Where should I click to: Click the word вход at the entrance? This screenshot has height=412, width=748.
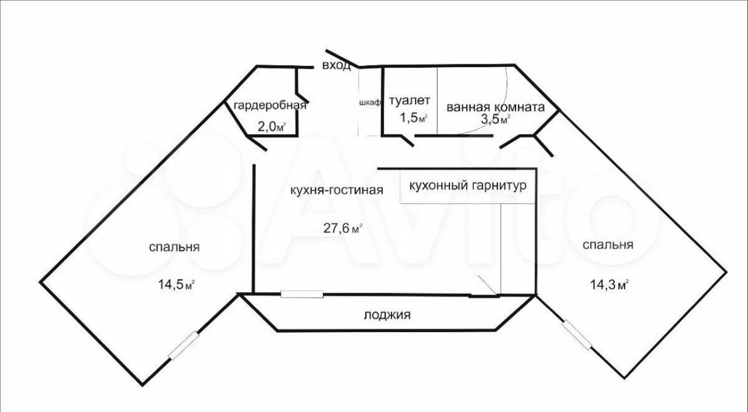point(337,65)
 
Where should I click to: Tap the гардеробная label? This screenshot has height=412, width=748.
point(270,106)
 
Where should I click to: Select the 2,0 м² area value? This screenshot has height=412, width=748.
point(272,127)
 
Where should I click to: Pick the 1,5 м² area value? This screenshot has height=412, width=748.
point(414,118)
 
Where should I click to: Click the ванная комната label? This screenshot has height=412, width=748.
point(496,107)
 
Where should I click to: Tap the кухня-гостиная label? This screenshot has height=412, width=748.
point(336,190)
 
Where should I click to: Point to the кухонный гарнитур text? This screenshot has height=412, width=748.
point(467,186)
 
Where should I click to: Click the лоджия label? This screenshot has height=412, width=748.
point(387,315)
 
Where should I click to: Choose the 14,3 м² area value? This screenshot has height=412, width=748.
point(610,285)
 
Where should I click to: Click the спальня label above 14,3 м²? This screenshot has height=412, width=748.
point(608,245)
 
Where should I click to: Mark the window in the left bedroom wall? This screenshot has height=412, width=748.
point(185,345)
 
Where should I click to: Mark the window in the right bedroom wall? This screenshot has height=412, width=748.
point(577,335)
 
